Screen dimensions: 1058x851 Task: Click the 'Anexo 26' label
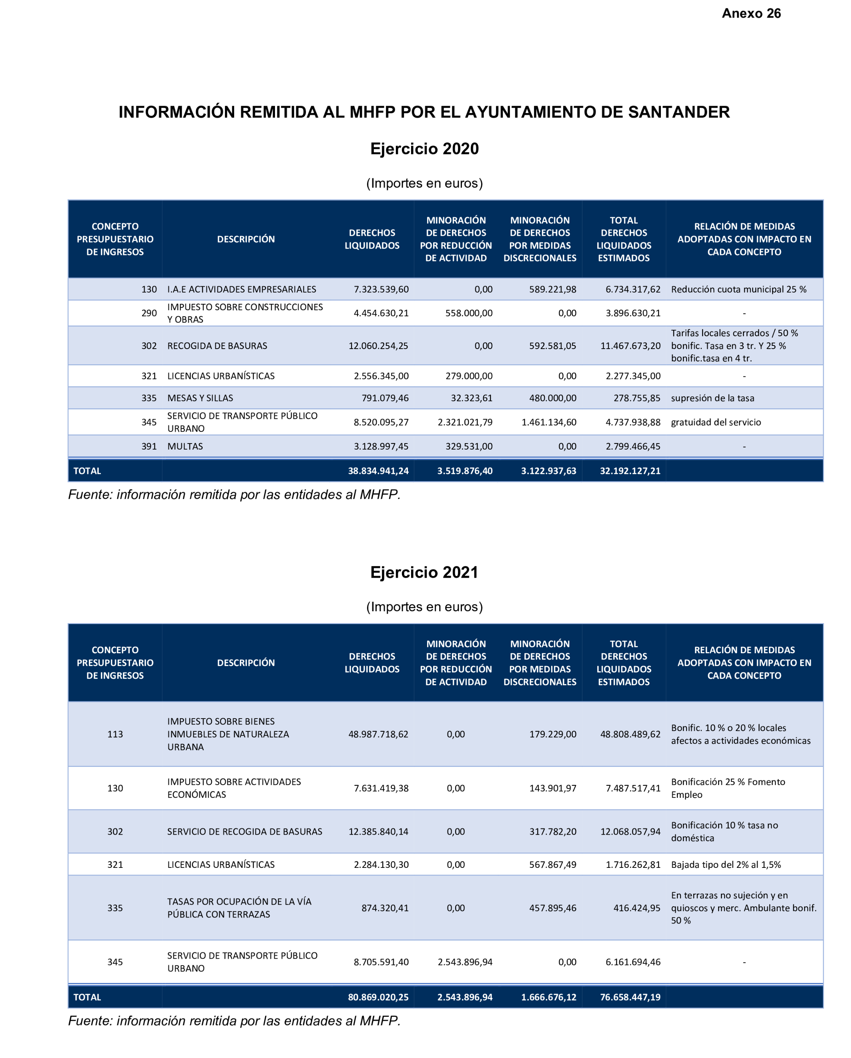[x=751, y=13]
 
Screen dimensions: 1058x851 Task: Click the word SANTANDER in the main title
[x=679, y=112]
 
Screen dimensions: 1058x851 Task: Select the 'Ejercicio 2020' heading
[x=424, y=149]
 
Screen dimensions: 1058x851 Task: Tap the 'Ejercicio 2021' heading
[x=424, y=572]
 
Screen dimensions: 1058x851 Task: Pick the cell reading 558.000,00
[x=468, y=313]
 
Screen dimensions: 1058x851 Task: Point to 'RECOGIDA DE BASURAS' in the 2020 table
[x=217, y=345]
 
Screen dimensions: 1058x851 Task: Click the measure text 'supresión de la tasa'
[x=712, y=398]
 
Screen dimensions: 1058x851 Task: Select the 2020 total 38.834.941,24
[x=378, y=471]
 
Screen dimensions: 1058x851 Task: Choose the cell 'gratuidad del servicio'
[x=716, y=422]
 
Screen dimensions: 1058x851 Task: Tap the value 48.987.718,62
[x=378, y=734]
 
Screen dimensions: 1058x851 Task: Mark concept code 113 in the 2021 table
[x=115, y=734]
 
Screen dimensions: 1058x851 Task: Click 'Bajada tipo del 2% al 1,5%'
[x=725, y=865]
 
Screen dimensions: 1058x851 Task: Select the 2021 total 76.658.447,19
[x=630, y=997]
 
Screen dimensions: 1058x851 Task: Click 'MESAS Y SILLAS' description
[x=200, y=398]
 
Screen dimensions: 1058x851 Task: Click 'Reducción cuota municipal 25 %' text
[x=738, y=289]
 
